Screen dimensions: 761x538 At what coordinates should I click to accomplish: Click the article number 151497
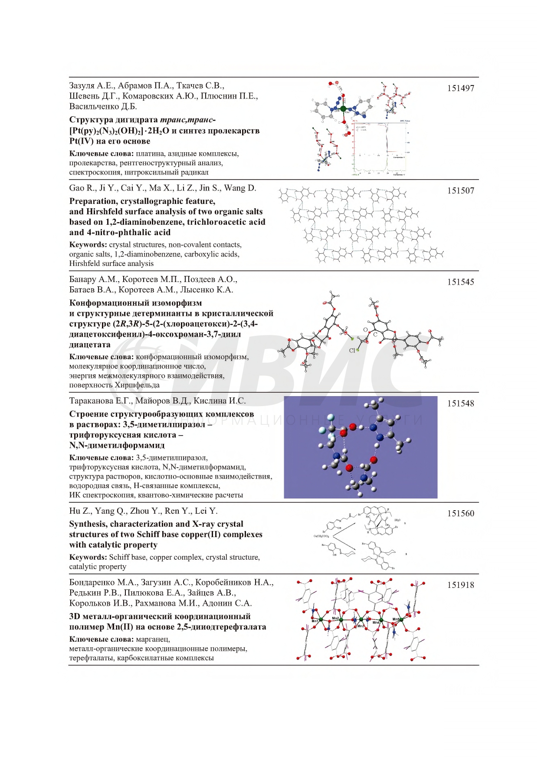(461, 88)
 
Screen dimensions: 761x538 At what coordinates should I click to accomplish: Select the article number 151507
(461, 190)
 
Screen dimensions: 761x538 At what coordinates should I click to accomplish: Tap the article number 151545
(461, 282)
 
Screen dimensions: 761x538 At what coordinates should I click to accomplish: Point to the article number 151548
(461, 403)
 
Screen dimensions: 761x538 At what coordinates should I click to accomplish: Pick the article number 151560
(461, 514)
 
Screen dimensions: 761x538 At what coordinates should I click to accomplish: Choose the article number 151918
(461, 585)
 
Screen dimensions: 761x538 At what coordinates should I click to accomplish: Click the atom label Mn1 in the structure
(315, 621)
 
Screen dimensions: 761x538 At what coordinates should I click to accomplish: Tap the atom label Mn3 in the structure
(361, 626)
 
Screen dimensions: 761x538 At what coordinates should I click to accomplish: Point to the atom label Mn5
(396, 619)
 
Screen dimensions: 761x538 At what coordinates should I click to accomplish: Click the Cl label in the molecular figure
(352, 351)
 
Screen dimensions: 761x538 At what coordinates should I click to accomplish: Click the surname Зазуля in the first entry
(82, 86)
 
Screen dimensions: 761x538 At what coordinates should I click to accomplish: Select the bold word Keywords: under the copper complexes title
(88, 558)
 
